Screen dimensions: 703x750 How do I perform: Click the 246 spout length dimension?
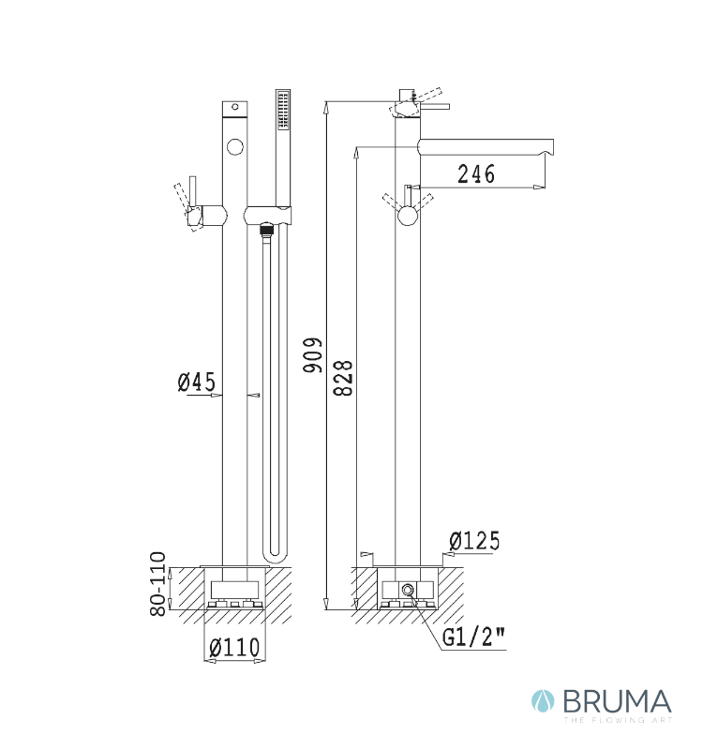tap(476, 173)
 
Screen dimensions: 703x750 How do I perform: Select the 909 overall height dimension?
tap(313, 355)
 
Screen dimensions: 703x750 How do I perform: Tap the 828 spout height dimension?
tap(343, 378)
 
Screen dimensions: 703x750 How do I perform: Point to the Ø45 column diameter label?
tap(197, 382)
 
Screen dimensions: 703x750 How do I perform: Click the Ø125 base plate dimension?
tap(474, 541)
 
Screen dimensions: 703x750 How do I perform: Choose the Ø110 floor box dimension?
tap(234, 648)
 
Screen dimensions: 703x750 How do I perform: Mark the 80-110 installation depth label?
tap(157, 584)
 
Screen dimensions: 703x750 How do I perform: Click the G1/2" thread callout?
tap(473, 637)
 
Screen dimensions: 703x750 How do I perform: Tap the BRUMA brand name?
tap(617, 702)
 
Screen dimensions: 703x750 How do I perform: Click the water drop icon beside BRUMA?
tap(543, 701)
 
